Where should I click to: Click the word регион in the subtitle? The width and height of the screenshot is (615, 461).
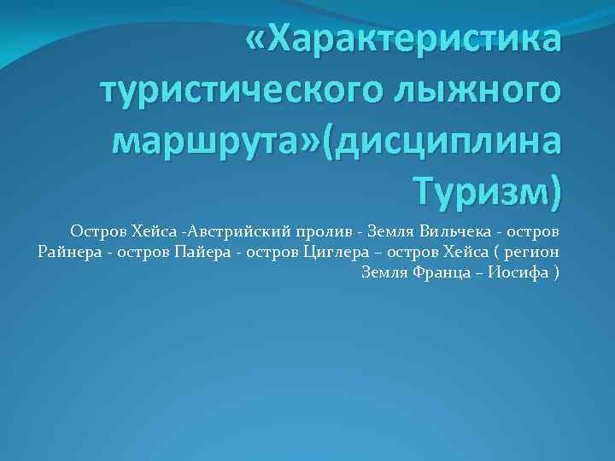(530, 252)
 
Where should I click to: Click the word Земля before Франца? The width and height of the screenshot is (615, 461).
(385, 273)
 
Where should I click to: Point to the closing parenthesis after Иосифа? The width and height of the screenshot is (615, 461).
(557, 273)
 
